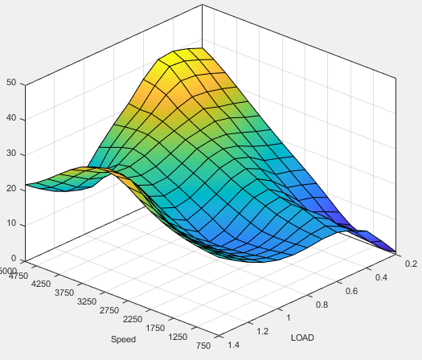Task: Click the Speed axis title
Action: (x=124, y=339)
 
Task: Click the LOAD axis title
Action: (x=303, y=337)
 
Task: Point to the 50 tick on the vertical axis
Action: (x=10, y=82)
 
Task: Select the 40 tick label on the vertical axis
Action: (x=10, y=118)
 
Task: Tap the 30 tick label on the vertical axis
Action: (x=10, y=153)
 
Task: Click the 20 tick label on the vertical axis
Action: (x=10, y=188)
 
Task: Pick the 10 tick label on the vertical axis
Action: (x=10, y=223)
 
